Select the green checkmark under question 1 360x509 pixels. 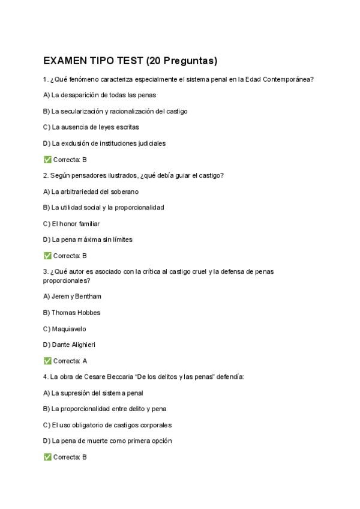tap(47, 160)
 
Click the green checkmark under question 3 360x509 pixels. tap(47, 361)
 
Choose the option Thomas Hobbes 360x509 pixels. tap(76, 313)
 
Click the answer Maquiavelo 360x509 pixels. tap(69, 329)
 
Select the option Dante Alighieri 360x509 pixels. tap(73, 345)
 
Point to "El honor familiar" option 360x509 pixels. tap(75, 223)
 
